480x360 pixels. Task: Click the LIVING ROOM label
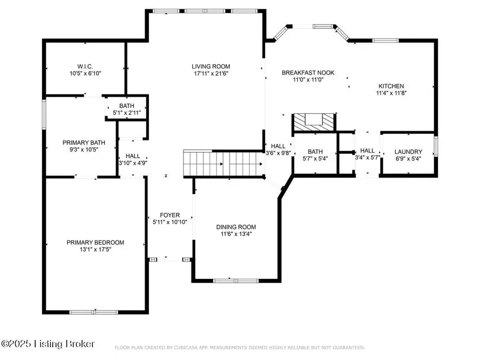pos(211,67)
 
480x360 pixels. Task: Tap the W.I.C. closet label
pos(85,67)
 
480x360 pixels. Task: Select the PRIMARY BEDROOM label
pos(95,243)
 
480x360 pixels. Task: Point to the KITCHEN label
pos(391,86)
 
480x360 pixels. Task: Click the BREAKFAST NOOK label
pos(308,73)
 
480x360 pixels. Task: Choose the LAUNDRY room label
pos(409,151)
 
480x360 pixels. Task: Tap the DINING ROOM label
pos(236,227)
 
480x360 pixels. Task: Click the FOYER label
pos(170,215)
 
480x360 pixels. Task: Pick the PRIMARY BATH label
pos(84,142)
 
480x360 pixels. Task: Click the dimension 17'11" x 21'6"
pos(211,74)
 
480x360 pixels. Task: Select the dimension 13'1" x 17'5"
pos(95,250)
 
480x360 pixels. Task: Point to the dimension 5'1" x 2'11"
pos(127,113)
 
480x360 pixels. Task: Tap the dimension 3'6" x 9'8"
pos(278,153)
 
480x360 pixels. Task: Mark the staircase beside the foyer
pos(224,164)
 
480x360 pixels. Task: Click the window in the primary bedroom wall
pos(94,312)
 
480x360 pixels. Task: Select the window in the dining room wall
pos(236,281)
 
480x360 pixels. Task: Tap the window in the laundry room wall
pos(436,147)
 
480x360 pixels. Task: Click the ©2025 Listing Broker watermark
pos(48,344)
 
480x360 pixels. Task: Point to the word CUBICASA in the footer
pos(186,348)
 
